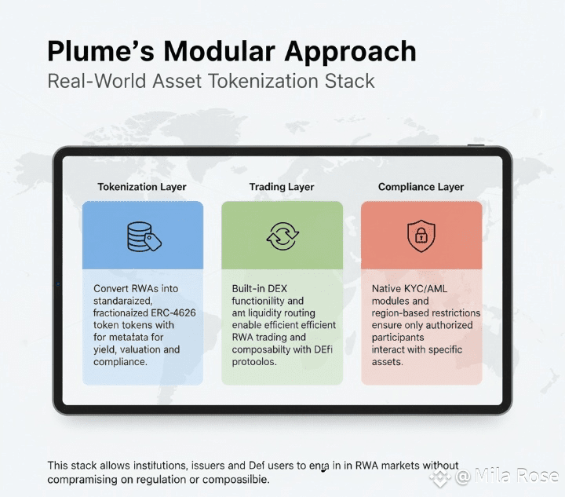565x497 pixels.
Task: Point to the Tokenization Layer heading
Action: [142, 187]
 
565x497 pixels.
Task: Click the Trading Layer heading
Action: [282, 187]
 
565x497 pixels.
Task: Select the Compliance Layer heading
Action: [421, 187]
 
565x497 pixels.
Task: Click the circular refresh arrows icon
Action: [282, 236]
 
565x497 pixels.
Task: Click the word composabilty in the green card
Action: [264, 349]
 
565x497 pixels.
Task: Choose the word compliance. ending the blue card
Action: [120, 362]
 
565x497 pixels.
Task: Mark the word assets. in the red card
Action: [388, 362]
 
